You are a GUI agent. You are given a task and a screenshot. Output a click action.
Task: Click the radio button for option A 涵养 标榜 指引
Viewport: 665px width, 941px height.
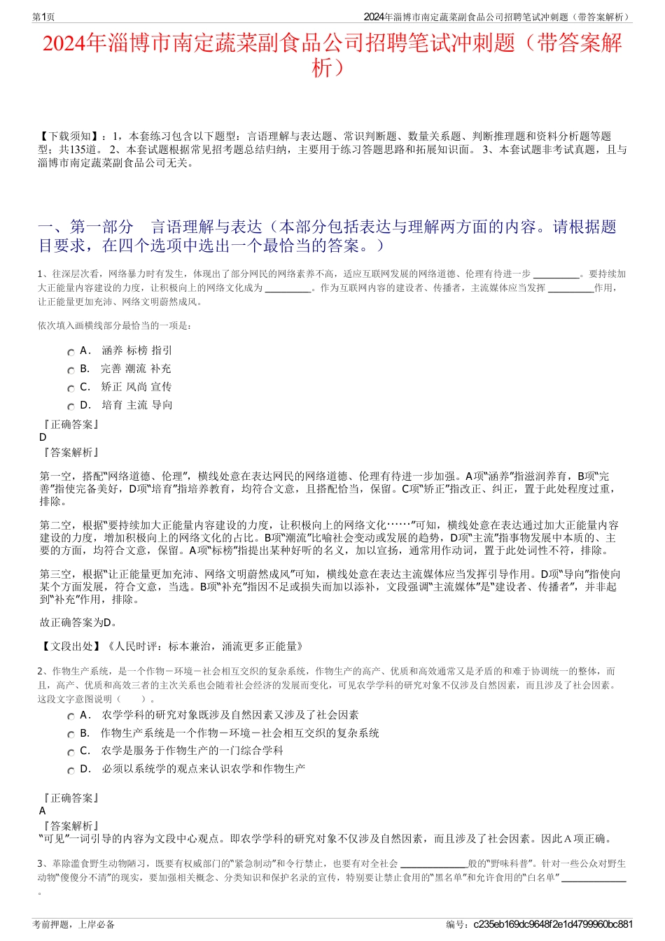coord(71,353)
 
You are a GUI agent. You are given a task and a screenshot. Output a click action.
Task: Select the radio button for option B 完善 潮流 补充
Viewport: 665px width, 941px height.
coord(71,371)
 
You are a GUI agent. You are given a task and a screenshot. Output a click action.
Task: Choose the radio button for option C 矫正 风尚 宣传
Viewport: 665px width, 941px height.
coord(71,389)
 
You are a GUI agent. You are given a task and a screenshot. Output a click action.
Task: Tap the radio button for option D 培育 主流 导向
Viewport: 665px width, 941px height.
coord(71,407)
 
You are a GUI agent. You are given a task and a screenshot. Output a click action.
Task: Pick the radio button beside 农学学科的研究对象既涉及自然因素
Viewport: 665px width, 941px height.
coord(71,717)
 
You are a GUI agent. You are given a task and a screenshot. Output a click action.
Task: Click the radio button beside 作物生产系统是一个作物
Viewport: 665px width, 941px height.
coord(71,735)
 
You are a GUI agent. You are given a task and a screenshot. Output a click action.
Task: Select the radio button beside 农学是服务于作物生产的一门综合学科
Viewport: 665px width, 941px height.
coord(71,753)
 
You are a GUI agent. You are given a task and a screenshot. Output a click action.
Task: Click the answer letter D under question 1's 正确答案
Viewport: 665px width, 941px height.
coord(43,437)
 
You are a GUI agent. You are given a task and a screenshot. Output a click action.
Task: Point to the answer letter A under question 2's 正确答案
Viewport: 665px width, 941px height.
coord(43,811)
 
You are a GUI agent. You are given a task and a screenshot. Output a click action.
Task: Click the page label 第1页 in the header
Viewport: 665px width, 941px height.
coord(43,17)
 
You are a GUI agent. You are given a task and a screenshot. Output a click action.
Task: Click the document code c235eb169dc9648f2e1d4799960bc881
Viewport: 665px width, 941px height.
coord(553,924)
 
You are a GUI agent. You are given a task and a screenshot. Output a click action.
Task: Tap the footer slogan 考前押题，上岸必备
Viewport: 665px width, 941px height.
coord(73,924)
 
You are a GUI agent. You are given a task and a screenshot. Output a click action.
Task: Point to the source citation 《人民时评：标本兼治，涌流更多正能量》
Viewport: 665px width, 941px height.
coord(204,646)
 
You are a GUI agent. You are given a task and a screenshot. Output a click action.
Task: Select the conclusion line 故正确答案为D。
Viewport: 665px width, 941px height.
coord(79,623)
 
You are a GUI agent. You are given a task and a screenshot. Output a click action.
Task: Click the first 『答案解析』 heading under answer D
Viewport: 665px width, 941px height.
coord(71,453)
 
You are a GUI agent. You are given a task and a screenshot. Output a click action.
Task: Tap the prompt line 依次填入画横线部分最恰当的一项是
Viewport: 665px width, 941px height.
coord(115,325)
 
